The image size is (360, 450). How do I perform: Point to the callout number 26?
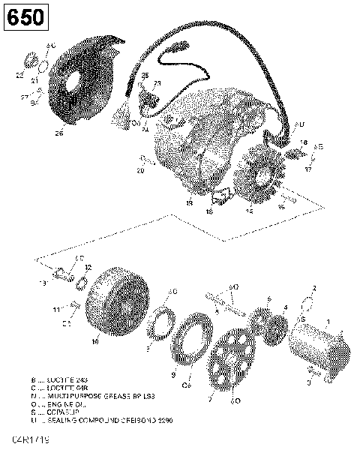point(59,135)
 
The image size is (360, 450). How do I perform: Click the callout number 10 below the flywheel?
point(95,341)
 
